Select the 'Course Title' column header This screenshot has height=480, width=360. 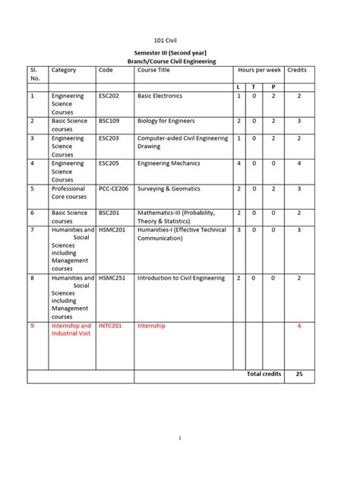tap(153, 70)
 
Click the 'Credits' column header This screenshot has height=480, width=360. tap(297, 70)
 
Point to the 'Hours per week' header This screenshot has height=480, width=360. tap(259, 70)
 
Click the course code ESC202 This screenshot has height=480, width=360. tap(111, 96)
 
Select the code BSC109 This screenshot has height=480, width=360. tap(111, 121)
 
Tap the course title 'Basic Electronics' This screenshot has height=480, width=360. tap(162, 96)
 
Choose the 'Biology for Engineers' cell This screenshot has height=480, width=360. tap(166, 121)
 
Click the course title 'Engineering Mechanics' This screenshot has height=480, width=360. tap(169, 163)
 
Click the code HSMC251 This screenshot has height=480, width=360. tap(113, 279)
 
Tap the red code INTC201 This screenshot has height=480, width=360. tap(112, 326)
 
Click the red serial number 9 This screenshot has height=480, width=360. tap(33, 326)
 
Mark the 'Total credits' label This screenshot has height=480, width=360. tap(264, 374)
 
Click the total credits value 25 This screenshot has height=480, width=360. tap(299, 374)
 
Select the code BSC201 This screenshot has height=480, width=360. tap(111, 213)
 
